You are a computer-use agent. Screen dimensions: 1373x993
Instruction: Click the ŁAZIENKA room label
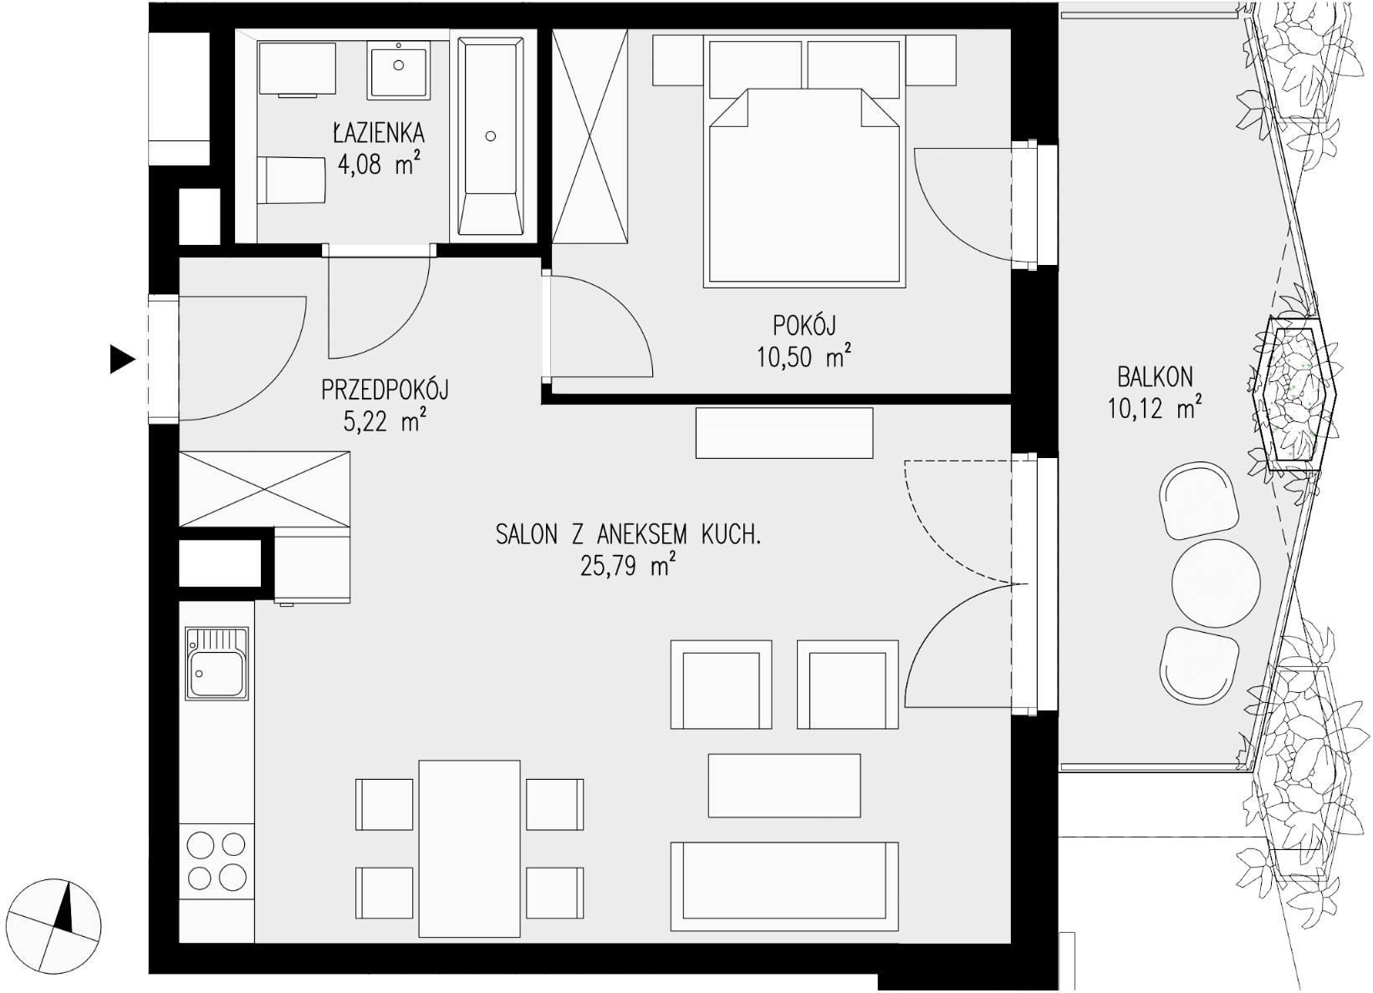pos(378,133)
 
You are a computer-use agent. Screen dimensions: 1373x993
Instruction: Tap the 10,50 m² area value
pos(804,357)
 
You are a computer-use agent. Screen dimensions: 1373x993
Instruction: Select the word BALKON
pos(1156,377)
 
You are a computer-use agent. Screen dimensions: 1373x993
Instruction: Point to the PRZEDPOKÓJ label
pos(385,390)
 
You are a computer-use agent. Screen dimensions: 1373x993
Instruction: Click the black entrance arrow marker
pos(122,359)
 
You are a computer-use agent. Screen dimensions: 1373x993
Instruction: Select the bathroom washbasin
pos(398,69)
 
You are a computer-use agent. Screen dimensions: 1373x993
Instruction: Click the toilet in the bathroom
pos(291,180)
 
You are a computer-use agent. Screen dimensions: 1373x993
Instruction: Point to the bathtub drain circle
pos(490,136)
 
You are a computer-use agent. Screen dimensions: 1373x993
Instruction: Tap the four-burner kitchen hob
pos(217,861)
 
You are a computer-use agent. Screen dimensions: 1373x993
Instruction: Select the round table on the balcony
pos(1216,583)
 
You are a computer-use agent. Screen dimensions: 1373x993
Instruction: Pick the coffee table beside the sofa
pos(784,786)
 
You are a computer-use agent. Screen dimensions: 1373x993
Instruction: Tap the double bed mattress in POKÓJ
pos(804,187)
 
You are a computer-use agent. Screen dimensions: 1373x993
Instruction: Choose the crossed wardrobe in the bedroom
pos(590,136)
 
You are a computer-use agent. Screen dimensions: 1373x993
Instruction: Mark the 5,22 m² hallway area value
pos(385,422)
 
